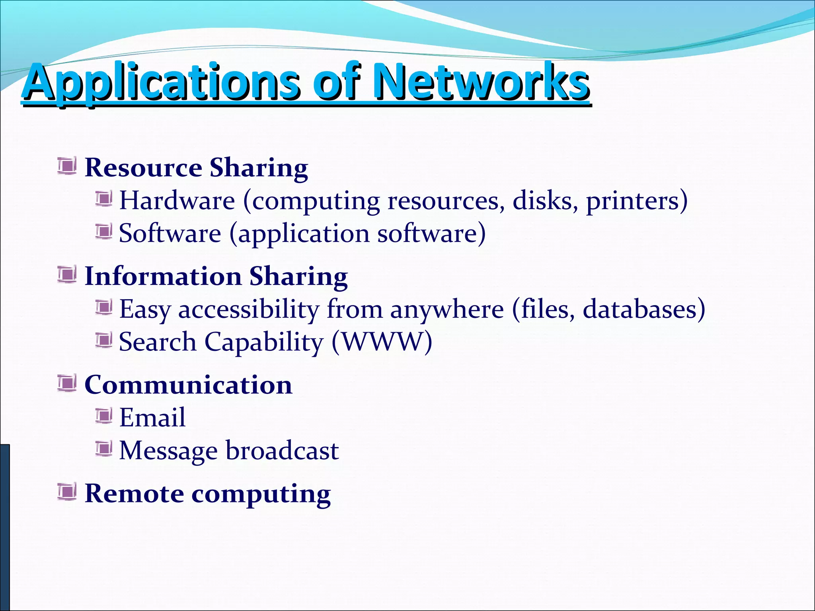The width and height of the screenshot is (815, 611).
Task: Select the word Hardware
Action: pyautogui.click(x=177, y=200)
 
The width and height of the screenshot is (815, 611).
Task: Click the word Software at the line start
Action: pyautogui.click(x=170, y=234)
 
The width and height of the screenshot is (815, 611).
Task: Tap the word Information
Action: pyautogui.click(x=163, y=276)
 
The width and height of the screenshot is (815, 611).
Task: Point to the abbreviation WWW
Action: pyautogui.click(x=382, y=342)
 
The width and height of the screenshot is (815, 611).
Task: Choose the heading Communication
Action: pyautogui.click(x=188, y=385)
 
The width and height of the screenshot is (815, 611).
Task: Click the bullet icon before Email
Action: pyautogui.click(x=104, y=416)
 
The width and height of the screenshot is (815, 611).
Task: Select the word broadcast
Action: pyautogui.click(x=282, y=451)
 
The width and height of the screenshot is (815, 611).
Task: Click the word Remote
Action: pyautogui.click(x=135, y=494)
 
